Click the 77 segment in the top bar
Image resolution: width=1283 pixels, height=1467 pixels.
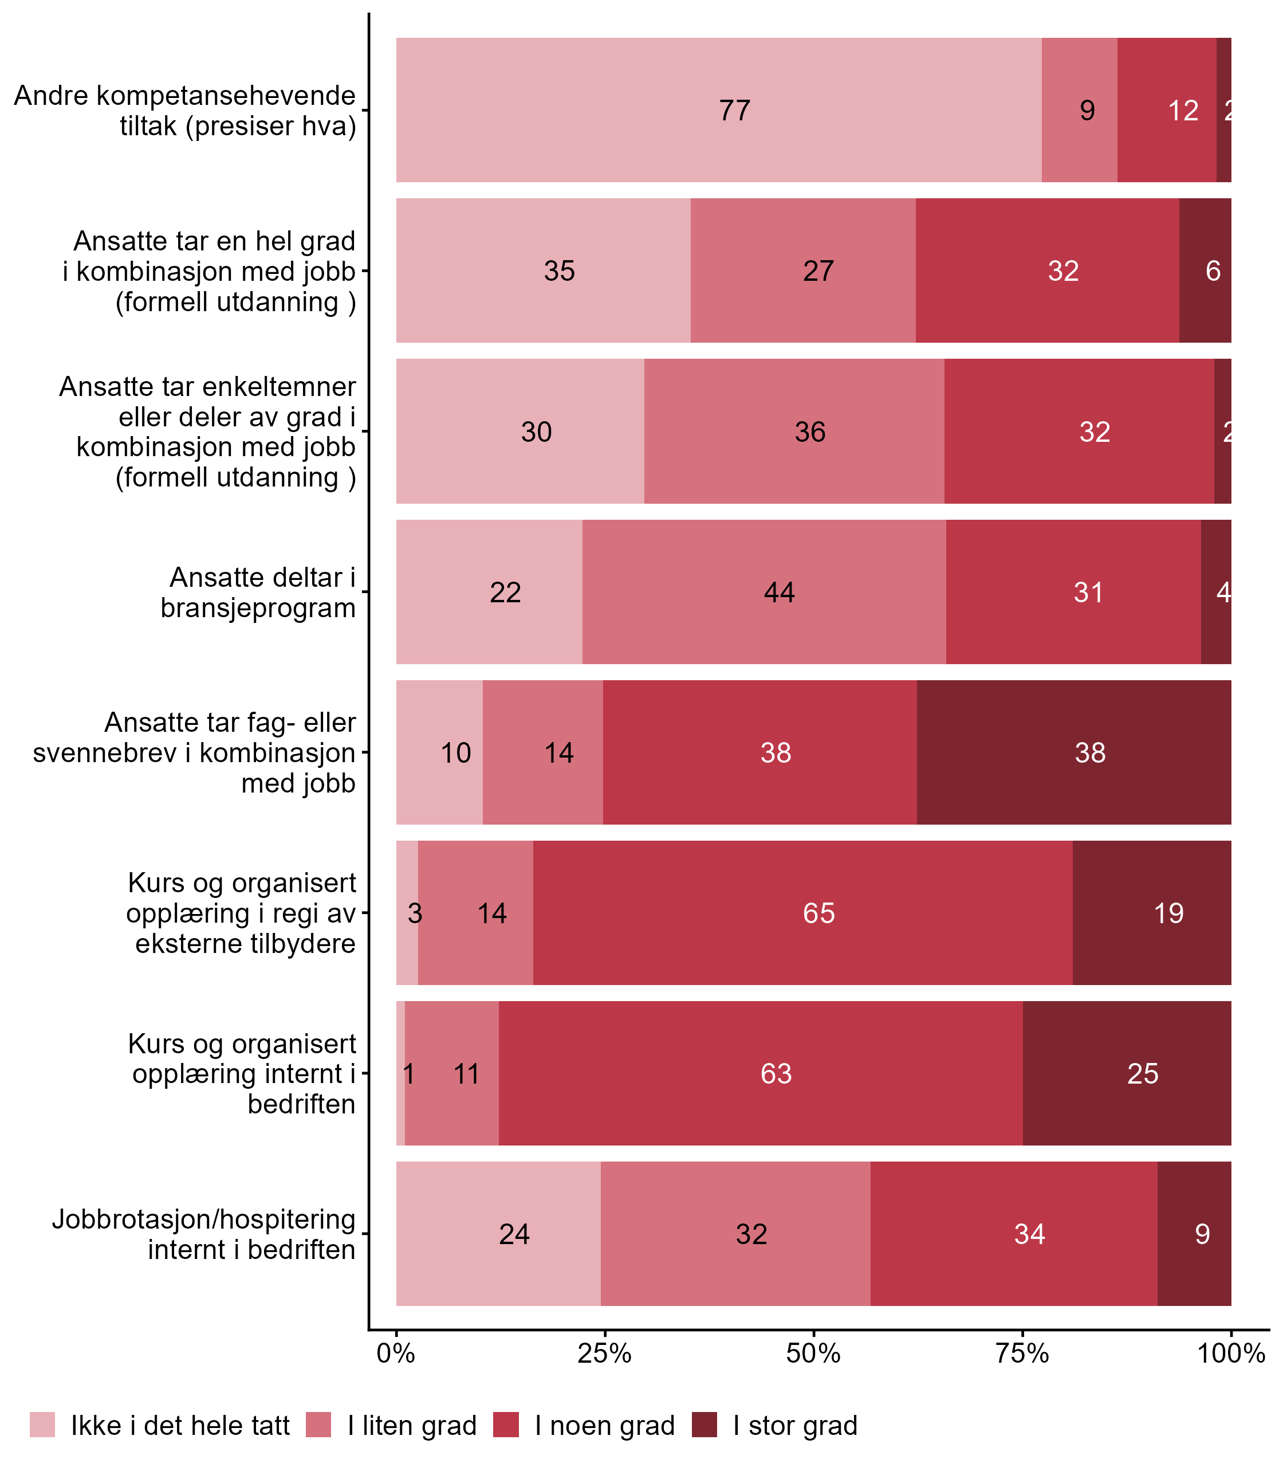tap(718, 110)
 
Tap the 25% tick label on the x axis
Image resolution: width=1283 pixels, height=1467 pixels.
tap(604, 1354)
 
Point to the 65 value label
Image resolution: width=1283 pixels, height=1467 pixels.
tap(818, 913)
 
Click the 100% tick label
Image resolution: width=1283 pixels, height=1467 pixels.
tap(1231, 1354)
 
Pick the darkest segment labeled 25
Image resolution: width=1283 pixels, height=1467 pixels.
tap(1127, 1074)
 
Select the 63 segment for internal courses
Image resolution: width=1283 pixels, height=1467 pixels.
tap(761, 1074)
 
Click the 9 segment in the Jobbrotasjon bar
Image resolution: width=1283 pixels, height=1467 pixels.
tap(1194, 1234)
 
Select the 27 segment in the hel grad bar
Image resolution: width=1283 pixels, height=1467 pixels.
tap(802, 270)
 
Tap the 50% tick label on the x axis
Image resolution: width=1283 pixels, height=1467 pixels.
tap(813, 1354)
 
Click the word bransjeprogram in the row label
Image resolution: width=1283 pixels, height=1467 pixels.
tap(258, 608)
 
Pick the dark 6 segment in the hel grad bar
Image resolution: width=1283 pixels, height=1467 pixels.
tap(1205, 270)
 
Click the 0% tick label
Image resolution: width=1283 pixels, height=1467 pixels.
tap(396, 1354)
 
